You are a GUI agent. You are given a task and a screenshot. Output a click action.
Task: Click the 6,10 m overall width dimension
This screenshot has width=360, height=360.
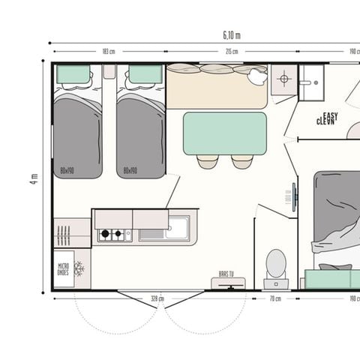(232, 34)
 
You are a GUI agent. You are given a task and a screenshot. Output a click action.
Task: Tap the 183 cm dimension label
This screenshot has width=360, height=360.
(108, 52)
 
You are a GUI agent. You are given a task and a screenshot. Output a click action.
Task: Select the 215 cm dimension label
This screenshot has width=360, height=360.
(232, 52)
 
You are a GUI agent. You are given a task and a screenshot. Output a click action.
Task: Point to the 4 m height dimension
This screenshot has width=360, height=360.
(34, 178)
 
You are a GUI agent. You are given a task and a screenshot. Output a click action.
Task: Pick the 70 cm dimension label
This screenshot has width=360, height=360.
(275, 298)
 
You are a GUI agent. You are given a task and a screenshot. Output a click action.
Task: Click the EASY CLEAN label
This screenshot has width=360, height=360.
(327, 118)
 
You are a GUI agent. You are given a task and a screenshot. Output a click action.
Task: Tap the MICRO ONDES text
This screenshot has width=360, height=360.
(63, 269)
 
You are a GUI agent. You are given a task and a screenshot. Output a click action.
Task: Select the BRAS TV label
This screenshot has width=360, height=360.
(226, 274)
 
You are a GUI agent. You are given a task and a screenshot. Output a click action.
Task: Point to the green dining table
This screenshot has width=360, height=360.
(224, 133)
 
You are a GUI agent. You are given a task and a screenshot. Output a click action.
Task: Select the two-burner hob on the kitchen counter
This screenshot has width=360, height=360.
(112, 235)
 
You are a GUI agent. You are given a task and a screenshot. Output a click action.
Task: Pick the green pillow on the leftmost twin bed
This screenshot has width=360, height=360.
(73, 74)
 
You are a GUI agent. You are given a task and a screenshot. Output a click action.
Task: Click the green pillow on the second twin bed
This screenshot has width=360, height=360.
(145, 74)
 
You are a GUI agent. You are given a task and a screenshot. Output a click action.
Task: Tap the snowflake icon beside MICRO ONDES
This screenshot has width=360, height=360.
(79, 269)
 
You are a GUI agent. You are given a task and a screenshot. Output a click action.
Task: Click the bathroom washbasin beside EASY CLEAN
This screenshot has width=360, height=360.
(310, 79)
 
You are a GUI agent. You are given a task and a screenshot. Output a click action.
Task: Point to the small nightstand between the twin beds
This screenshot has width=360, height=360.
(109, 71)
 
